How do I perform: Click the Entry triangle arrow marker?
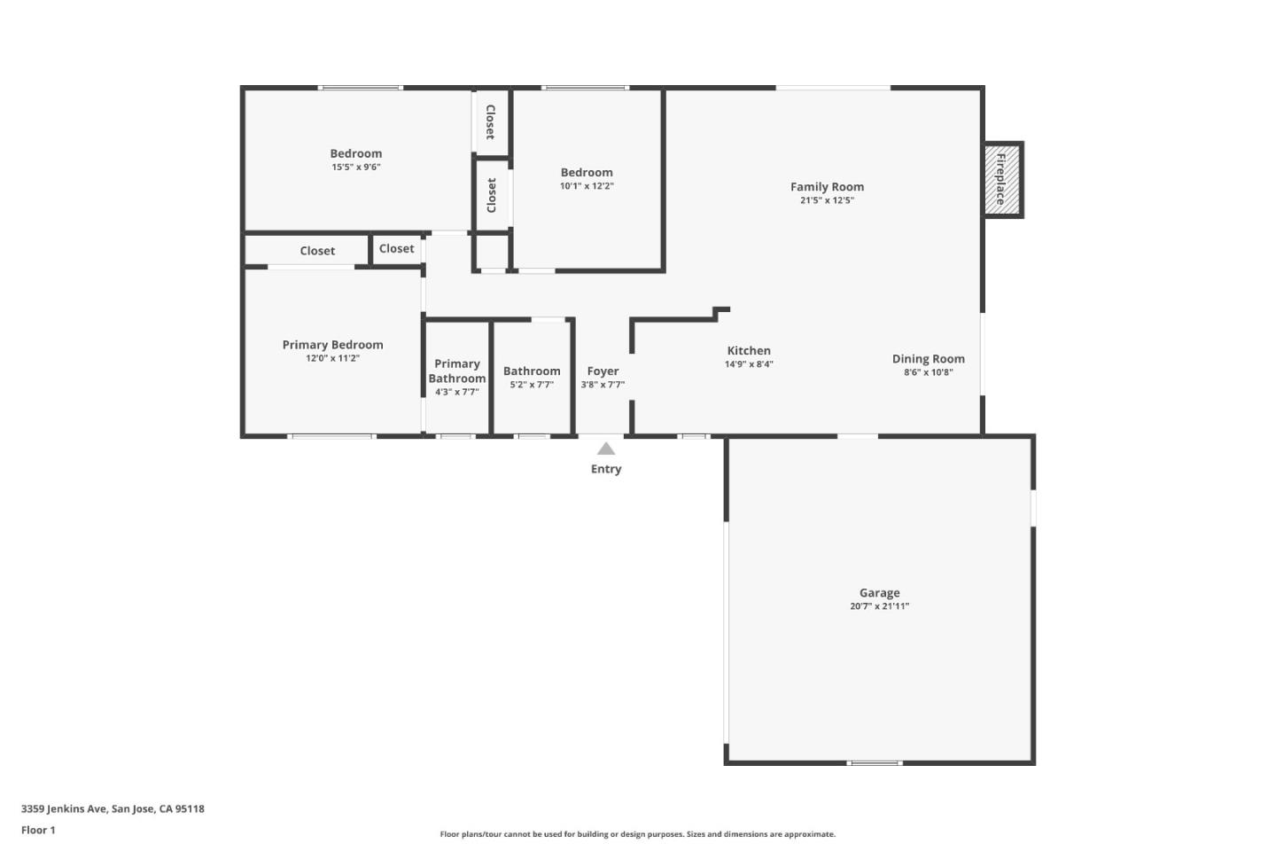pyautogui.click(x=606, y=449)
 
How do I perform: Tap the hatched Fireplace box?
pyautogui.click(x=1002, y=180)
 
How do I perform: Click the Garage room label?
pyautogui.click(x=879, y=593)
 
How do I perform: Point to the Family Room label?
pyautogui.click(x=827, y=187)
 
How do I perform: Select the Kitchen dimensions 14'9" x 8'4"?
pyautogui.click(x=749, y=364)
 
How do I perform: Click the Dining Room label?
pyautogui.click(x=928, y=359)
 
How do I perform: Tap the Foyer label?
pyautogui.click(x=603, y=371)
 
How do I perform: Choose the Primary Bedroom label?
pyautogui.click(x=332, y=345)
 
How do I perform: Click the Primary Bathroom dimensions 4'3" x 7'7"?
pyautogui.click(x=456, y=392)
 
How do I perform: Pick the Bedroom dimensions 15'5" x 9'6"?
pyautogui.click(x=356, y=168)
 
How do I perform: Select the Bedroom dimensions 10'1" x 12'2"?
pyautogui.click(x=587, y=187)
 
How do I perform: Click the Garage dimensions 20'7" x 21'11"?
pyautogui.click(x=879, y=607)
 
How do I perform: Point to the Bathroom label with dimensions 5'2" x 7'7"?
pyautogui.click(x=532, y=371)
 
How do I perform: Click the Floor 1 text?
pyautogui.click(x=38, y=831)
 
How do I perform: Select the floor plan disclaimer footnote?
pyautogui.click(x=637, y=834)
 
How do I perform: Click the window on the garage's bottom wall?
pyautogui.click(x=874, y=762)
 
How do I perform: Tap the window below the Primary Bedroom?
pyautogui.click(x=331, y=436)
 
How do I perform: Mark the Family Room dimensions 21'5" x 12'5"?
pyautogui.click(x=827, y=201)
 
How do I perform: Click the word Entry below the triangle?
pyautogui.click(x=606, y=469)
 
